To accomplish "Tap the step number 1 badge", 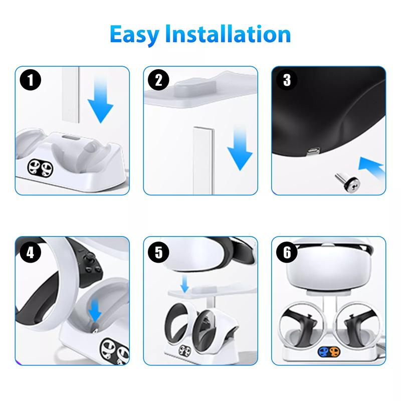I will click(32, 81).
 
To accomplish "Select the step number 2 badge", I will click(159, 81).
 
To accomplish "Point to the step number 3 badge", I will click(287, 81).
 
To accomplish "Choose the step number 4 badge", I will click(32, 252).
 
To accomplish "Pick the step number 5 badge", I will click(159, 252).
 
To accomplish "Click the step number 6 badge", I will click(287, 252).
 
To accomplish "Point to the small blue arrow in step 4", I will click(95, 313).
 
